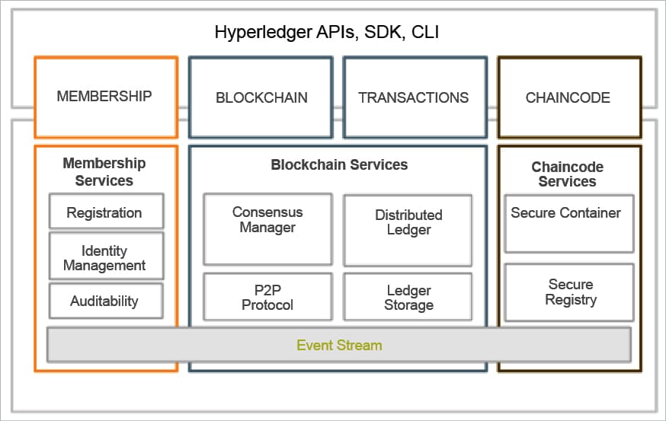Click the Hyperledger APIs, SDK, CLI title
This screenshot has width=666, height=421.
(327, 32)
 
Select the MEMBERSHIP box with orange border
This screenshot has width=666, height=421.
(105, 97)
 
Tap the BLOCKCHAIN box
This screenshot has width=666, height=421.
(261, 97)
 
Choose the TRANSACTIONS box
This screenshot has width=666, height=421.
(414, 97)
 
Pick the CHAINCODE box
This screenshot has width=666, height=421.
(568, 97)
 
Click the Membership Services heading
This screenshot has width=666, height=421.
(104, 172)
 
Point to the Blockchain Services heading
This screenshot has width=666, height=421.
(339, 164)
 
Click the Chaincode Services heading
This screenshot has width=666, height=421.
(568, 174)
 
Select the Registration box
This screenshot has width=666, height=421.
(105, 212)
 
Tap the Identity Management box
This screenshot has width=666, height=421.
(105, 258)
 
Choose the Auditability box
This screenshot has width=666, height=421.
(105, 301)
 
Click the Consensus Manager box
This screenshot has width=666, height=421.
(267, 228)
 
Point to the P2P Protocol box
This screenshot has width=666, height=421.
(267, 297)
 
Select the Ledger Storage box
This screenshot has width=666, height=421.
(408, 298)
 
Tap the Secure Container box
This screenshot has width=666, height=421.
(568, 223)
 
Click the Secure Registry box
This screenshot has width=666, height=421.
(569, 292)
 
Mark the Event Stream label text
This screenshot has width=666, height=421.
(339, 345)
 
